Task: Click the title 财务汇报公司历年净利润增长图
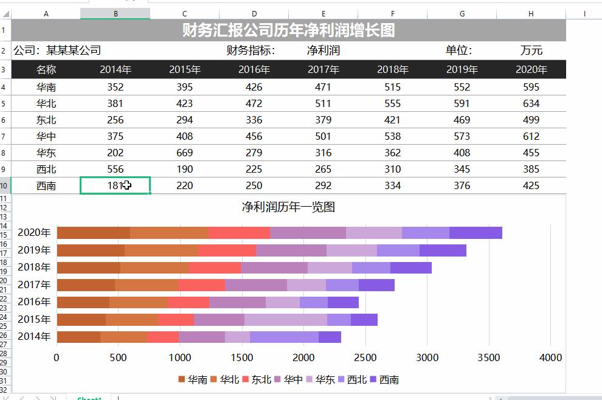(289, 30)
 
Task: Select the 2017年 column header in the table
(323, 69)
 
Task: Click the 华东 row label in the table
(46, 153)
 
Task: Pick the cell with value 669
(184, 153)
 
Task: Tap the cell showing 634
(531, 103)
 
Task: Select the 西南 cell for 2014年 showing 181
(115, 185)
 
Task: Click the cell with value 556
(115, 169)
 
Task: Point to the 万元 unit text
(531, 50)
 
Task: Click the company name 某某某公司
(74, 50)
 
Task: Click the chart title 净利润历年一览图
(288, 207)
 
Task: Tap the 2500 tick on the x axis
(365, 357)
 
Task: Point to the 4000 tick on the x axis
(550, 357)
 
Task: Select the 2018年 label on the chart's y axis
(34, 267)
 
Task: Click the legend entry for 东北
(260, 380)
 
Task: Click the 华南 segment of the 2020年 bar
(93, 232)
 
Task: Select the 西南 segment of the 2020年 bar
(476, 232)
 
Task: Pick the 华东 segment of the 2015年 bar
(285, 319)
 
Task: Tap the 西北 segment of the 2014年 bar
(284, 337)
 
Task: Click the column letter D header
(254, 13)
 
